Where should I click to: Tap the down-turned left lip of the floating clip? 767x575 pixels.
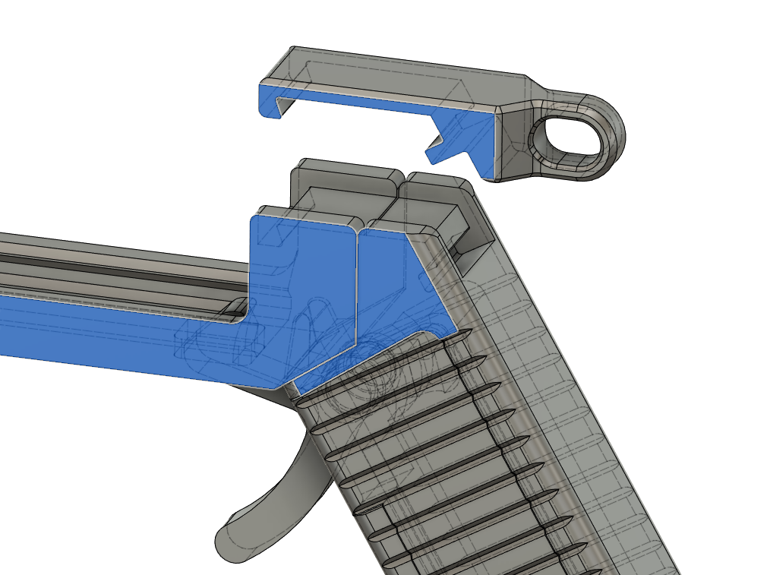268,102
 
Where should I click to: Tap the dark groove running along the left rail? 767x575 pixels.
114,262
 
